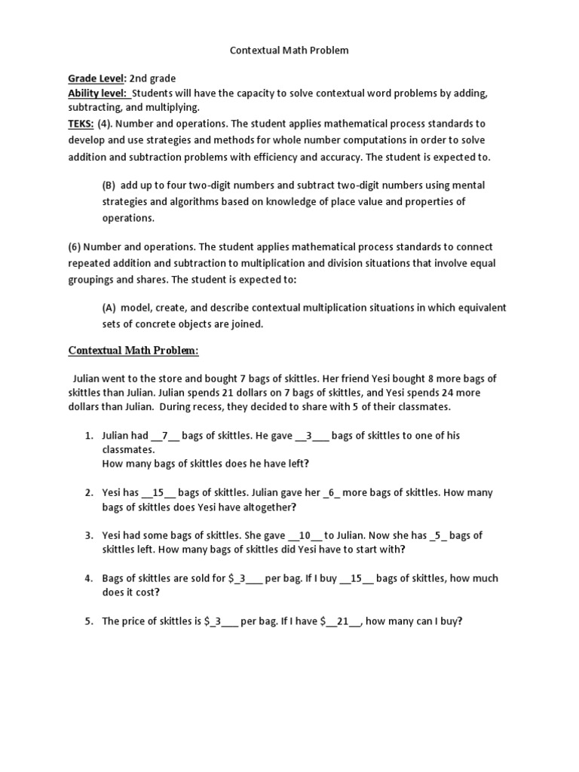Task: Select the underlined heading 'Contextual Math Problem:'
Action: (133, 351)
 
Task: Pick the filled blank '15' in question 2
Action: (158, 492)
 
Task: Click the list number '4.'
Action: (88, 578)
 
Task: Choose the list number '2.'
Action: (88, 492)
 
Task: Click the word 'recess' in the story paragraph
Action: (221, 407)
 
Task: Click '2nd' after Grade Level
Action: (140, 78)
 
